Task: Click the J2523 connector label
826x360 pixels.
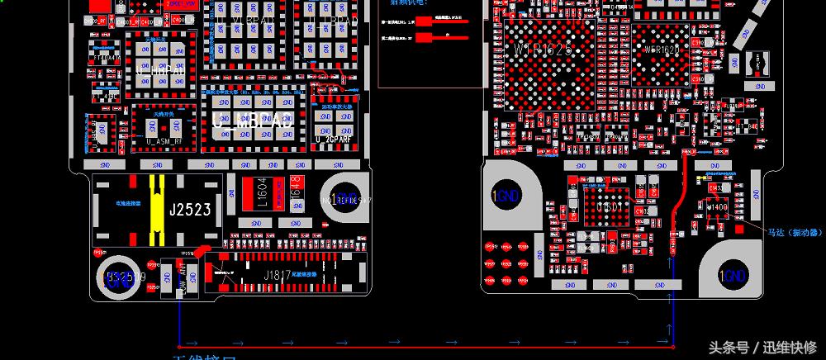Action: pos(190,210)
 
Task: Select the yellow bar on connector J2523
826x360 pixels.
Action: pos(154,210)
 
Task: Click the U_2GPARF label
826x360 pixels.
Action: pos(334,139)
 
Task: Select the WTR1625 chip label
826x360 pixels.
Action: pos(542,51)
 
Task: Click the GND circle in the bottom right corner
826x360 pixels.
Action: pos(731,276)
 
